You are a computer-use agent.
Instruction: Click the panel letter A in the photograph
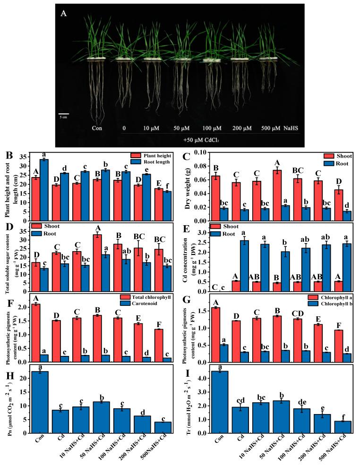(x=64, y=14)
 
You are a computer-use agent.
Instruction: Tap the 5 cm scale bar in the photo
(x=64, y=114)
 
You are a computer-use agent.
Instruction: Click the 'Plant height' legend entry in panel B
(x=149, y=156)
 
